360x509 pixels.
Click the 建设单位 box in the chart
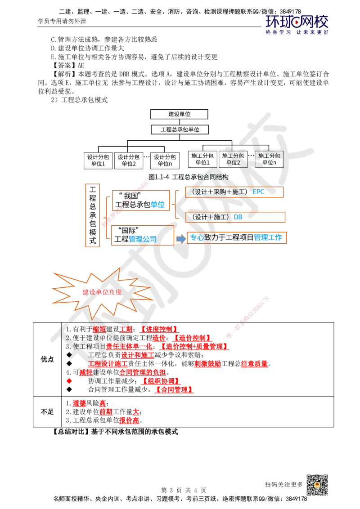(x=179, y=114)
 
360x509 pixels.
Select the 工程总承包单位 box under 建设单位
(x=180, y=129)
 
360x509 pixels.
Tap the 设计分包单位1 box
(x=98, y=161)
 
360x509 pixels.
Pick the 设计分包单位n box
(x=165, y=161)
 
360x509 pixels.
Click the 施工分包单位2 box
(x=233, y=159)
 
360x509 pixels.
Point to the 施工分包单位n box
(x=269, y=159)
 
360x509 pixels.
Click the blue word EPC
(x=259, y=192)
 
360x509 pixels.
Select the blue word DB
(x=238, y=217)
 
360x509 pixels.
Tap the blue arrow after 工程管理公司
(x=181, y=239)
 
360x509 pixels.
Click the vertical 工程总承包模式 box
(x=93, y=215)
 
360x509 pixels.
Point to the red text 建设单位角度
(x=102, y=292)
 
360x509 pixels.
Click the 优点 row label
(x=47, y=359)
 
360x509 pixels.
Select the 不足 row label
(x=47, y=411)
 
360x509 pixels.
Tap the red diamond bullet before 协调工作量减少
(x=69, y=381)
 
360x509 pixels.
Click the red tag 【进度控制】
(x=159, y=329)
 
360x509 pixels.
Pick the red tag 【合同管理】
(x=175, y=389)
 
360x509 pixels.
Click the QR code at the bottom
(x=317, y=485)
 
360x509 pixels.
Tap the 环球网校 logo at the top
(x=297, y=24)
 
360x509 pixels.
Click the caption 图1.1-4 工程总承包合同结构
(x=189, y=177)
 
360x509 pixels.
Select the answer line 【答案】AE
(x=67, y=65)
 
